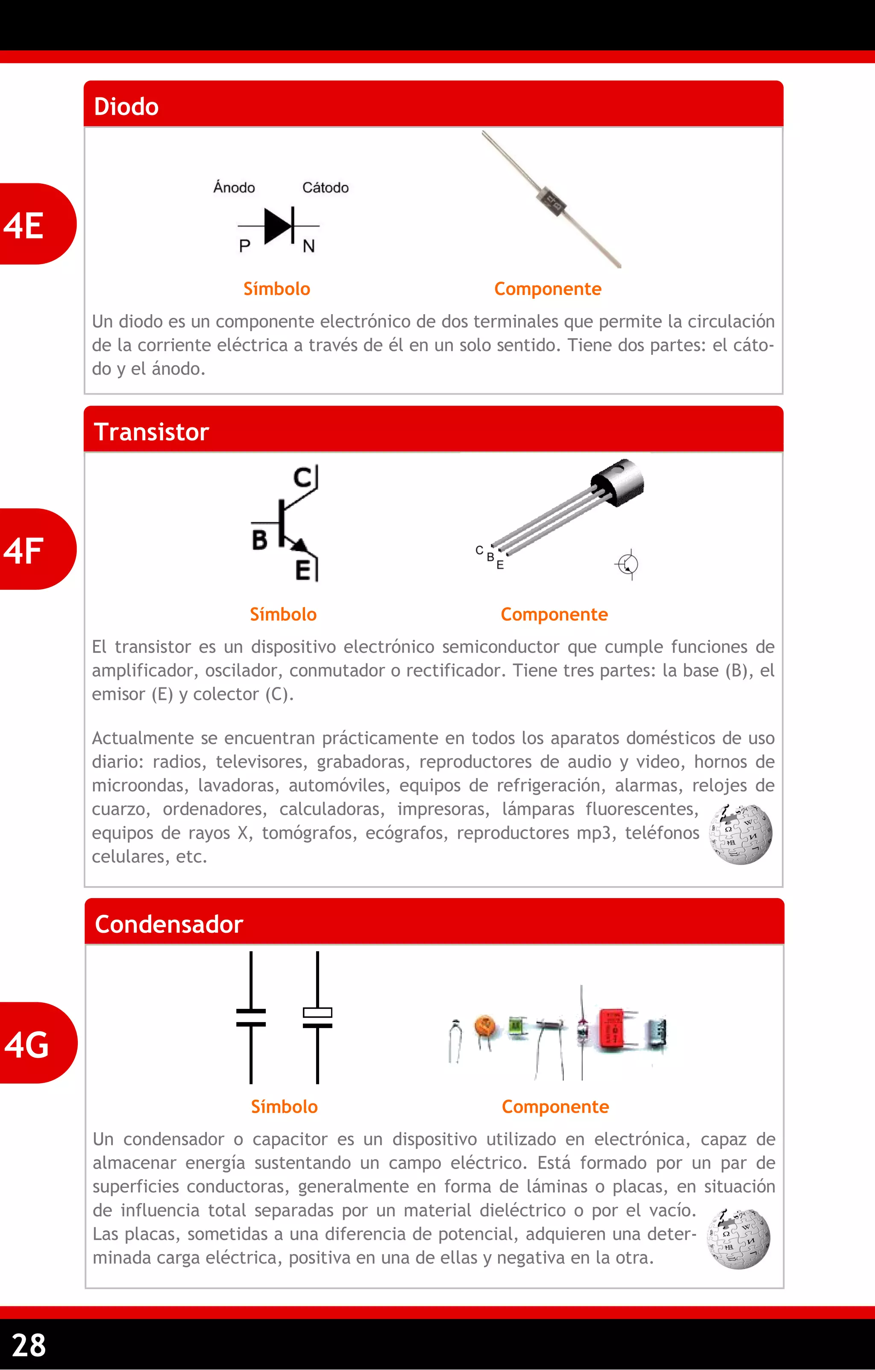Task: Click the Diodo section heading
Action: click(126, 107)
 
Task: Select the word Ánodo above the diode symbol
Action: click(234, 188)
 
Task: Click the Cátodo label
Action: click(325, 188)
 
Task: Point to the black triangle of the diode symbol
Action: click(277, 226)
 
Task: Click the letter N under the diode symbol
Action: click(309, 246)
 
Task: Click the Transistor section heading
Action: click(151, 432)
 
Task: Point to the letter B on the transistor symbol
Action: click(259, 540)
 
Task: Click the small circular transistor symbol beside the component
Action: click(628, 564)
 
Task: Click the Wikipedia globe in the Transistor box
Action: click(740, 834)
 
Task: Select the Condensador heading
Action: click(169, 924)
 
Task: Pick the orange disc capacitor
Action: click(484, 1028)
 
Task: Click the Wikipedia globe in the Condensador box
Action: click(739, 1239)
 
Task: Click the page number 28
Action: click(29, 1346)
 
